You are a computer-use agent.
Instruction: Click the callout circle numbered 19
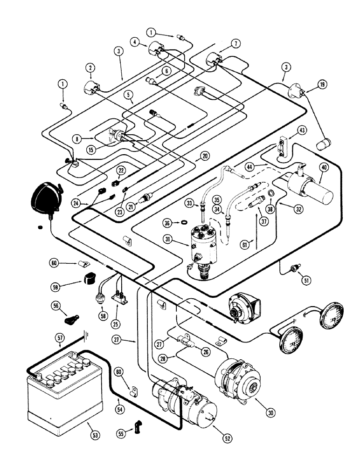321,84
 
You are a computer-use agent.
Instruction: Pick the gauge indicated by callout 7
213,62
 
